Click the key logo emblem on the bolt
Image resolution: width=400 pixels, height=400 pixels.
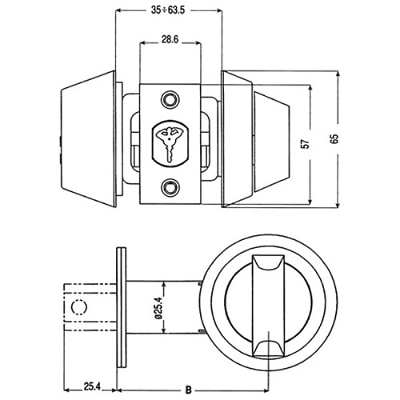(x=169, y=142)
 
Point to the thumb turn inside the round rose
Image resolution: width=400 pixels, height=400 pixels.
(x=266, y=306)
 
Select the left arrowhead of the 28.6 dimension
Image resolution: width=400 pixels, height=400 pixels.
(x=144, y=46)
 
